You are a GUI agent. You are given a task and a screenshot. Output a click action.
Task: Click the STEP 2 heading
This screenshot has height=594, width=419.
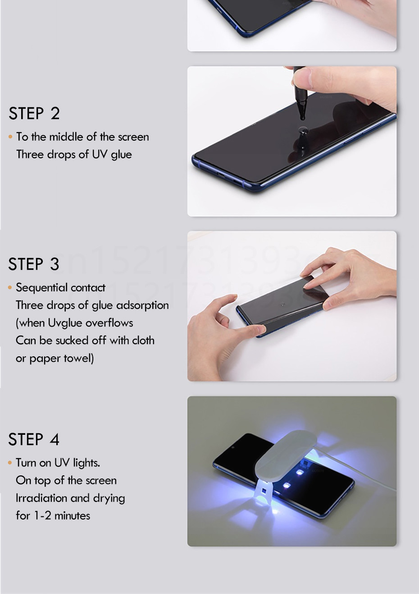[34, 113]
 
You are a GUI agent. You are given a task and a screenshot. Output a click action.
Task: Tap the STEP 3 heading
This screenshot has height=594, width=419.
[34, 264]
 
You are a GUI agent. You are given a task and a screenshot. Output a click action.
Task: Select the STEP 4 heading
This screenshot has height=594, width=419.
[34, 439]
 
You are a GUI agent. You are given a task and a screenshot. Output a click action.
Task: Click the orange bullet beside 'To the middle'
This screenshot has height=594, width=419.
[10, 137]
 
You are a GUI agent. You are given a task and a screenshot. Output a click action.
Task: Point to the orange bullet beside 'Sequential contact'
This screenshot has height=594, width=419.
[10, 287]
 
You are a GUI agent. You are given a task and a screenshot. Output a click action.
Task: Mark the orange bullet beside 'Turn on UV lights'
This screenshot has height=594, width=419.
[10, 463]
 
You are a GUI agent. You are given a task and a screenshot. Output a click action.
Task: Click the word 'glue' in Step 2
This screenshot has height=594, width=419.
[121, 155]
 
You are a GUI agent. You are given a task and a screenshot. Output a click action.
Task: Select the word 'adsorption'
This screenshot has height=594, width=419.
[142, 305]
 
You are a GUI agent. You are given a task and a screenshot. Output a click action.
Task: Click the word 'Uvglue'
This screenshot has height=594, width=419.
[65, 323]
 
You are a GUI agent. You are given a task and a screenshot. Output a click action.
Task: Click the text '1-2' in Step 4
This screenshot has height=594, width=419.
[42, 516]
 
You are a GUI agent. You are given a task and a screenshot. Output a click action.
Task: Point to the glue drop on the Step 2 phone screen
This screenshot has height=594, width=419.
[303, 130]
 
